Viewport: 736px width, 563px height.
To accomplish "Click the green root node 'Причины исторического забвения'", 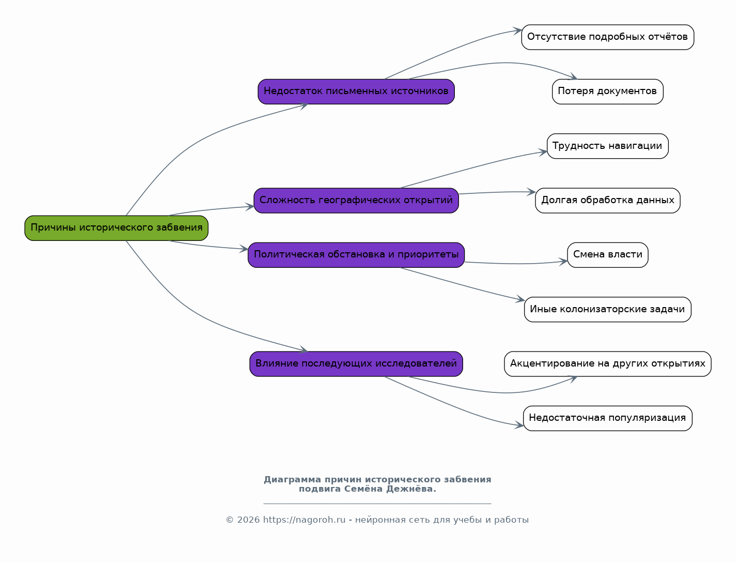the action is coord(116,228).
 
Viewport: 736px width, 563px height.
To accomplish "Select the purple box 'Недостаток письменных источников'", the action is coord(356,92).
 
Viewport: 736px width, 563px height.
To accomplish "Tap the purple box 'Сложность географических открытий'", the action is coord(356,201).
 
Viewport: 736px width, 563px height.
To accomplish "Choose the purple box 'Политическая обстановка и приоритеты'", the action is coord(356,255).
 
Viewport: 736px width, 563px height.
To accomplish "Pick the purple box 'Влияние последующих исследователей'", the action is coord(356,364).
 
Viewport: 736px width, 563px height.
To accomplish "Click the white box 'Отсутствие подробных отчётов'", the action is coord(608,37).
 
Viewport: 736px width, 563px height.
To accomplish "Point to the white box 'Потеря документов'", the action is coord(608,92).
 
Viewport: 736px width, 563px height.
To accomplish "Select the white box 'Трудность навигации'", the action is coord(608,146).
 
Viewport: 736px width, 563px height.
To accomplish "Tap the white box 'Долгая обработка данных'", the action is coord(608,201).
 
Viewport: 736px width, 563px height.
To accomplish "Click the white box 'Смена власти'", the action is coord(608,255).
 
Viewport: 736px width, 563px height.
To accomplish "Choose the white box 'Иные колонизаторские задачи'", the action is coord(608,310).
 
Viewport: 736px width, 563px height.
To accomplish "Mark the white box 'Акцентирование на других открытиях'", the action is coord(608,364).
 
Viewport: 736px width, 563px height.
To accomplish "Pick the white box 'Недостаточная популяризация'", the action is coord(608,418).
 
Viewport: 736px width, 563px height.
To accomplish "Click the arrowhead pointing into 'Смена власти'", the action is coord(563,262).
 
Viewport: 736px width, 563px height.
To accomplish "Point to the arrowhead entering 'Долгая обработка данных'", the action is coord(531,192).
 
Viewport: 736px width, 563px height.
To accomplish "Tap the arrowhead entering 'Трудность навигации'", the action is coord(543,152).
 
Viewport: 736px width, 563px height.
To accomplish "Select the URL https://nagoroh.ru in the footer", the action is coord(304,520).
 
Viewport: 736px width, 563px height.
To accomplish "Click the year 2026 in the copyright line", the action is coord(249,520).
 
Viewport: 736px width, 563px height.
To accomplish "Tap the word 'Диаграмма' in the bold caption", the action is coord(293,480).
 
